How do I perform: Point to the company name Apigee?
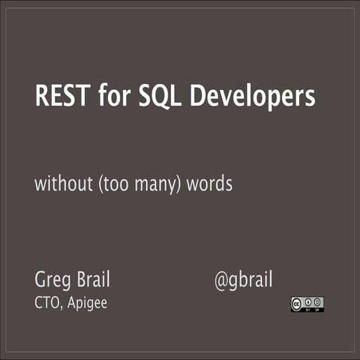pyautogui.click(x=90, y=304)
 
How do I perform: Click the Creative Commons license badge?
pyautogui.click(x=307, y=304)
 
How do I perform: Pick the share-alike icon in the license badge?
pyautogui.click(x=317, y=302)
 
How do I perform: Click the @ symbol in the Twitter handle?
pyautogui.click(x=222, y=281)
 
